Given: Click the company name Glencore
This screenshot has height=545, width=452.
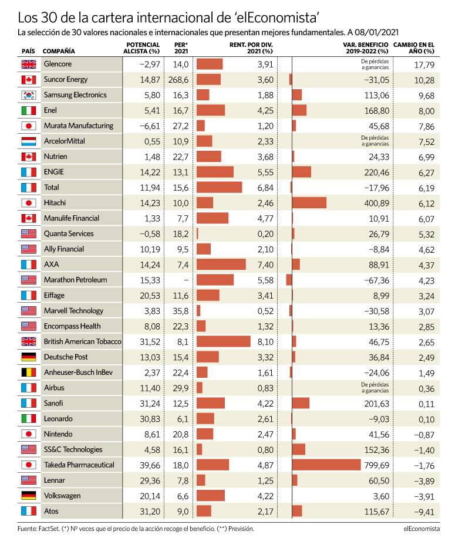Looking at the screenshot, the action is click(x=58, y=64).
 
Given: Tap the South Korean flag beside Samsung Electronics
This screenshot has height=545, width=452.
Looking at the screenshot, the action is click(x=29, y=95).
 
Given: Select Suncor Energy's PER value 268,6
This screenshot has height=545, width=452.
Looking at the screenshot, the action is click(x=178, y=80).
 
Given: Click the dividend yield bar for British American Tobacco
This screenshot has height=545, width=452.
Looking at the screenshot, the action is click(x=223, y=341).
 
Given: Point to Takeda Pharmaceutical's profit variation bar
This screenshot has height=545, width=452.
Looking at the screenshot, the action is click(x=326, y=465).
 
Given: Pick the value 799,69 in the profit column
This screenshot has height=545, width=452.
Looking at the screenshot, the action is click(x=376, y=465).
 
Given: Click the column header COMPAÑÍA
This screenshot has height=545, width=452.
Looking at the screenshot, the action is click(x=59, y=51).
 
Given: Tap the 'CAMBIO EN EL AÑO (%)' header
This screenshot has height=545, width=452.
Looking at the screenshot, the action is click(x=414, y=48).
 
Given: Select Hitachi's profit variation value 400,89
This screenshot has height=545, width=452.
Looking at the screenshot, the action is click(x=376, y=203).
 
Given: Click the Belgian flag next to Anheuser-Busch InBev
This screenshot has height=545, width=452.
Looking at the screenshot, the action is click(x=29, y=373).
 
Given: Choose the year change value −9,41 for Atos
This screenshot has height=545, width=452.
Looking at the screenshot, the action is click(x=424, y=512).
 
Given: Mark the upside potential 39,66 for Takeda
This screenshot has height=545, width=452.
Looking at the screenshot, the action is click(x=150, y=465).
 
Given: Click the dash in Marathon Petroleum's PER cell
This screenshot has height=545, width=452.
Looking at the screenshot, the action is click(x=186, y=280).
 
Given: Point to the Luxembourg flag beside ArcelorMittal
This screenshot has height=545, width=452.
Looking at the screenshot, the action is click(x=29, y=141).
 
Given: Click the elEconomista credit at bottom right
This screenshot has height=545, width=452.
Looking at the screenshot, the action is click(x=421, y=529).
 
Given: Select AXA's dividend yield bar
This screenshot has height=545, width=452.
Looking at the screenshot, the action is click(x=221, y=264).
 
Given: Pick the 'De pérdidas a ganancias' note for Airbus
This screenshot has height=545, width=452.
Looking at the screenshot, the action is click(x=375, y=388).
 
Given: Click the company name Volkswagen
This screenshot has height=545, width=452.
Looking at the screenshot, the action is click(x=62, y=496).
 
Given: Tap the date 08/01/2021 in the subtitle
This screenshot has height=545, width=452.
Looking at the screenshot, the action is click(x=376, y=32).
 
